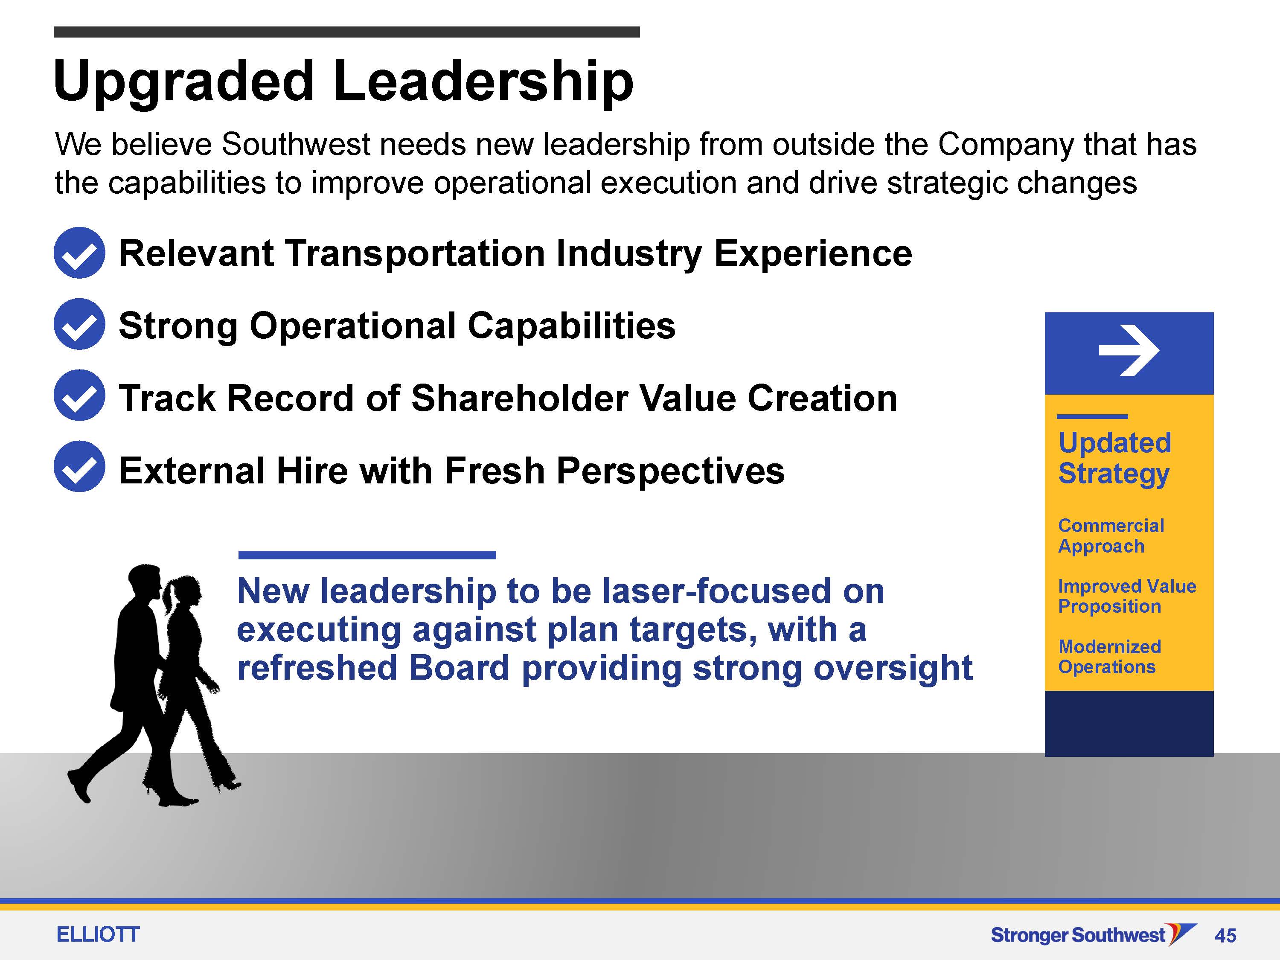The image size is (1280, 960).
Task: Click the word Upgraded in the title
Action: pyautogui.click(x=184, y=83)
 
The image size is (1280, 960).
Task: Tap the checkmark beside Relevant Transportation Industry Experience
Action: pyautogui.click(x=79, y=253)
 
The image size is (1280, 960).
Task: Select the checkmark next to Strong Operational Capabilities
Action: pyautogui.click(x=79, y=324)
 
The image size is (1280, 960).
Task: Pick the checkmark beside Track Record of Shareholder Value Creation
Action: pyautogui.click(x=79, y=395)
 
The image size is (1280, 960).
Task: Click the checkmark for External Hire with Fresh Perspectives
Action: pyautogui.click(x=79, y=466)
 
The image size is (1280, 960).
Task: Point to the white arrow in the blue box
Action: pyautogui.click(x=1129, y=350)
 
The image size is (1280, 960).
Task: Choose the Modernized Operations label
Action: pyautogui.click(x=1109, y=657)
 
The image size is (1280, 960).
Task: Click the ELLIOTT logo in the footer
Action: pyautogui.click(x=98, y=934)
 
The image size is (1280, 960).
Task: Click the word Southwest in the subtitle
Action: pyautogui.click(x=296, y=145)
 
